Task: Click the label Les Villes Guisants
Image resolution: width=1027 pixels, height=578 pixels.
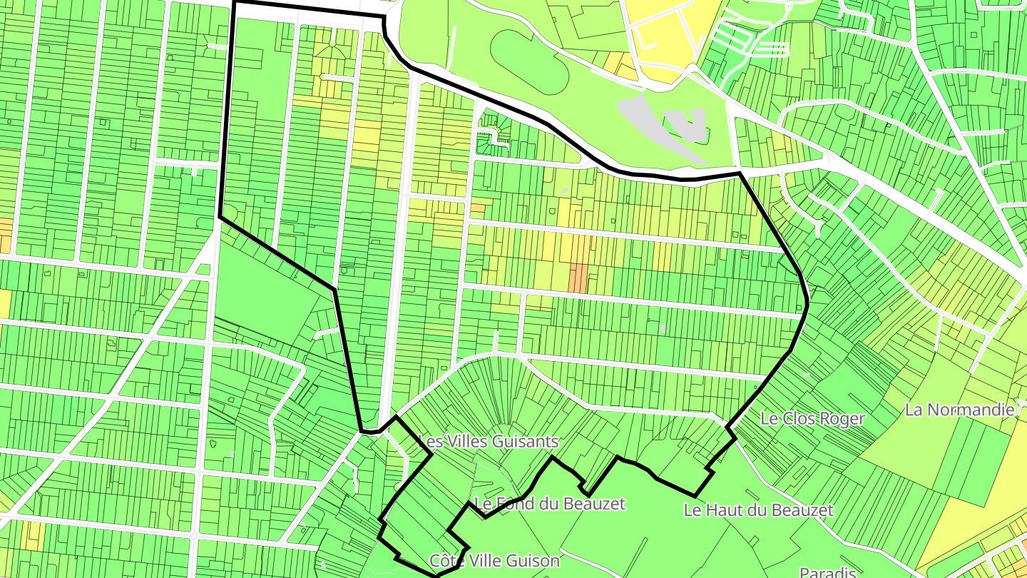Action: tap(488, 442)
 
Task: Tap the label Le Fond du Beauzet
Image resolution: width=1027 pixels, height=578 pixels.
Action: tap(549, 504)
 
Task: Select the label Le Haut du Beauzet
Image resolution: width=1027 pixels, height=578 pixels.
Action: tap(757, 510)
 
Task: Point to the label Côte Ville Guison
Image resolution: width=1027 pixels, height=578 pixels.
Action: tap(495, 561)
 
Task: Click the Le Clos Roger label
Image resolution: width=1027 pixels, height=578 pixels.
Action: tap(812, 419)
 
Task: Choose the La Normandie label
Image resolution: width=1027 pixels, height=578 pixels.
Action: tap(959, 410)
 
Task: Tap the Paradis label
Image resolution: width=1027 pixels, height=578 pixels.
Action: tap(827, 572)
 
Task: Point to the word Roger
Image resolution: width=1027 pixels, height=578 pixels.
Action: tap(842, 419)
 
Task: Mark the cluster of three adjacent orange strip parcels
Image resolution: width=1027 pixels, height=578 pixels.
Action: tap(578, 278)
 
